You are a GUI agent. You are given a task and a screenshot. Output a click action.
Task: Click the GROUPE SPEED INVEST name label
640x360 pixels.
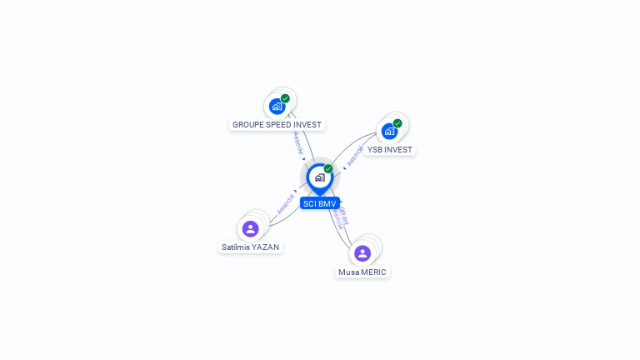pos(277,125)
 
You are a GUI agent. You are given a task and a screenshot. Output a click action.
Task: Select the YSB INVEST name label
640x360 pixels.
pos(389,150)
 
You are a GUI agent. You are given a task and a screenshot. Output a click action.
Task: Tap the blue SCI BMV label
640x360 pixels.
pos(320,203)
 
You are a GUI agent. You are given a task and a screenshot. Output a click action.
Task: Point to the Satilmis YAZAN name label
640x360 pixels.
pos(251,247)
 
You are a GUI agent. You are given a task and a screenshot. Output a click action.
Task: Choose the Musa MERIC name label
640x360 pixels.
pos(362,272)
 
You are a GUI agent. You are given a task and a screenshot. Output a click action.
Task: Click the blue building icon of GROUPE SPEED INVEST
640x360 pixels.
pos(277,107)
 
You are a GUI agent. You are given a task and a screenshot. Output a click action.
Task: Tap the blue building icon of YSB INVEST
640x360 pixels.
pos(389,132)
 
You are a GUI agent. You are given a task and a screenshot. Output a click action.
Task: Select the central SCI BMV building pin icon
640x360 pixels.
pos(319,177)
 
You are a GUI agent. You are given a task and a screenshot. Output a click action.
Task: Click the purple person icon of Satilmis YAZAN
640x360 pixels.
pos(251,228)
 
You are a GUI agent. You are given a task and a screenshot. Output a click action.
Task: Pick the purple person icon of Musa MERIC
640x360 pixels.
pos(362,253)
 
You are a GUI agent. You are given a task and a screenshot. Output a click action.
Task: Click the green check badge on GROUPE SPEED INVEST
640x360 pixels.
pos(285,98)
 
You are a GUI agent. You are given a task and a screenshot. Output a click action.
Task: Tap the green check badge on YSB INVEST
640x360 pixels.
pos(397,123)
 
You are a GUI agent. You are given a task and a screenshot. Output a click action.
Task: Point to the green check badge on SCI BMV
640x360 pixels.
pos(328,169)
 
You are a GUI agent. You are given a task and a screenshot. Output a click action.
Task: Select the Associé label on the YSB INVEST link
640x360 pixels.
pos(355,156)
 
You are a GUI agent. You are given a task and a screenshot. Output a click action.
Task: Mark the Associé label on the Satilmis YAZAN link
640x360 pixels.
pos(286,203)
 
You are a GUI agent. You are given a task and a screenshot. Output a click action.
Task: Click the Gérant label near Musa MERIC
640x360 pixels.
pos(344,214)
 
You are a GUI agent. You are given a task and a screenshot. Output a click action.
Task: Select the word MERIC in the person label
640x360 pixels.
pos(372,272)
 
